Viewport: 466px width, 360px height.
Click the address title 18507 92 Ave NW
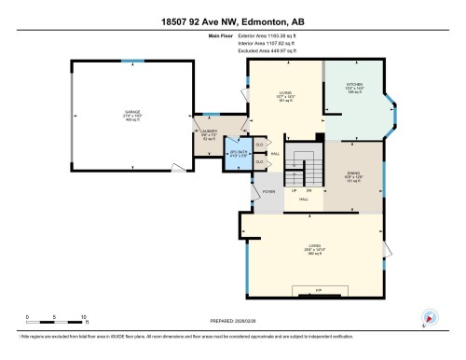point(233,20)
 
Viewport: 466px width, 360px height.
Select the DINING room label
point(352,174)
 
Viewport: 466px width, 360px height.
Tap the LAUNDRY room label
point(209,133)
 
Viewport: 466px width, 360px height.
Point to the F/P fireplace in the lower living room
point(317,291)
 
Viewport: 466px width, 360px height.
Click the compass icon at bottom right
point(430,317)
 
